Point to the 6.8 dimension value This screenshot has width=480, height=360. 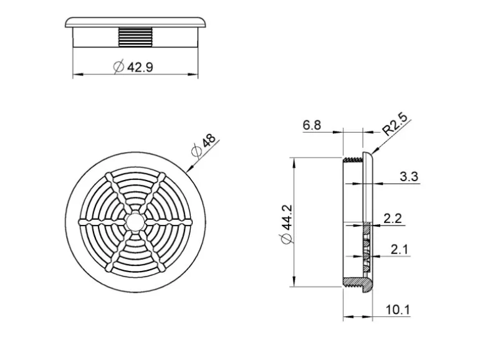tap(312, 126)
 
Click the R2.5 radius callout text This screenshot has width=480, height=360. tap(395, 123)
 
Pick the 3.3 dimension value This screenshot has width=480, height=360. tap(409, 177)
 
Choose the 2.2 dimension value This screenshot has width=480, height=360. tap(393, 218)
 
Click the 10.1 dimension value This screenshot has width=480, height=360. tap(398, 309)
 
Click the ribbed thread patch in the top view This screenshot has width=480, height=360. tap(135, 36)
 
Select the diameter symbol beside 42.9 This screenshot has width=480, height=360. tap(119, 67)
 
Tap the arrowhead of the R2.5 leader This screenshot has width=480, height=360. tap(373, 152)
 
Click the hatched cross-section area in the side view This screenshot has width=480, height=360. tap(367, 249)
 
